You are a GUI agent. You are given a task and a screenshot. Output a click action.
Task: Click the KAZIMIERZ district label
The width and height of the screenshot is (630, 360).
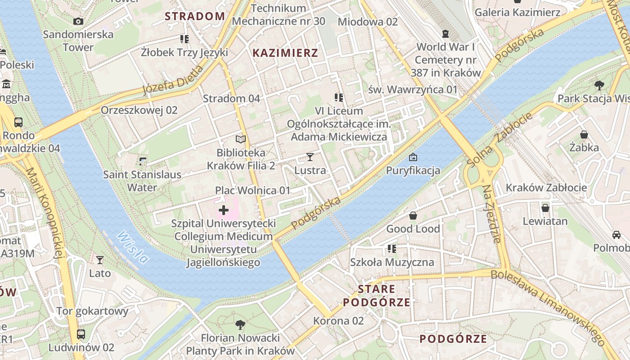point(285,53)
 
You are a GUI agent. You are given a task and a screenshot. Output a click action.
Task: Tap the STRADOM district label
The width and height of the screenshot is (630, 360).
point(194,17)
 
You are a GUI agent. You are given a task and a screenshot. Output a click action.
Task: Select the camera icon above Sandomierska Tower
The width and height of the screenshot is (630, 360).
point(78,21)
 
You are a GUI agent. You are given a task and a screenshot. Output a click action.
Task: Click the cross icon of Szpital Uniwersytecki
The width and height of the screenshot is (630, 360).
point(224,210)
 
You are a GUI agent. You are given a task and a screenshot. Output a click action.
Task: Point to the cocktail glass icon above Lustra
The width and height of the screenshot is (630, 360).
point(310,157)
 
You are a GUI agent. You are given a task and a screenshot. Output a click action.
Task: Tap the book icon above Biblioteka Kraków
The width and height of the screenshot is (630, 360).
point(241,139)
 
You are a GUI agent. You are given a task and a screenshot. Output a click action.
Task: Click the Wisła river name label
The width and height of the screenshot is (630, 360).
point(133,247)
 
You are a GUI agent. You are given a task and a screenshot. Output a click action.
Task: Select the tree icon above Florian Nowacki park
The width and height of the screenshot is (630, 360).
point(240,324)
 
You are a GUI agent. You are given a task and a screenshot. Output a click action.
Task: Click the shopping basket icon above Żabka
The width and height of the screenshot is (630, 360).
point(584,135)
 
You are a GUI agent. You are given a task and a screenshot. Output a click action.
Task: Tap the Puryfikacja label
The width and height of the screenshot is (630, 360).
point(413,171)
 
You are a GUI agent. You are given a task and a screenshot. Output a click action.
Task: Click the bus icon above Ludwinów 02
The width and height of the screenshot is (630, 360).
point(81,334)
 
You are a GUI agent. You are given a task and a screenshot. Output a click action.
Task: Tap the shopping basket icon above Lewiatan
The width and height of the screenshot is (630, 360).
point(545,208)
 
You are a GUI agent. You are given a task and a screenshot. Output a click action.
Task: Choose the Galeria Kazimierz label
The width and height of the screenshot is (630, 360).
point(517,12)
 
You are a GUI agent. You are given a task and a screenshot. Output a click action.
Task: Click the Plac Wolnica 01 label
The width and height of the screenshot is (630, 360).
point(252,190)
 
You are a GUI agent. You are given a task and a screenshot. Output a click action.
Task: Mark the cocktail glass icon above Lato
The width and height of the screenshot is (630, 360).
point(99,260)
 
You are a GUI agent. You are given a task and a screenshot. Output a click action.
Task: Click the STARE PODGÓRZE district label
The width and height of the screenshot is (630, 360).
point(377,295)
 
